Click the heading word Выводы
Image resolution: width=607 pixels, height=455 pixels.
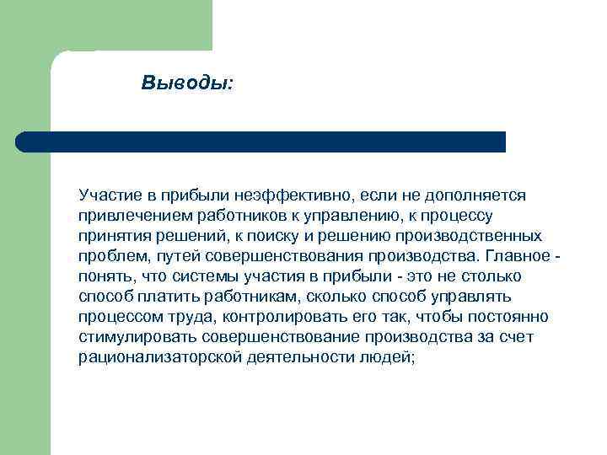click(187, 83)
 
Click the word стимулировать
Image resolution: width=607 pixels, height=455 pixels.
click(134, 337)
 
